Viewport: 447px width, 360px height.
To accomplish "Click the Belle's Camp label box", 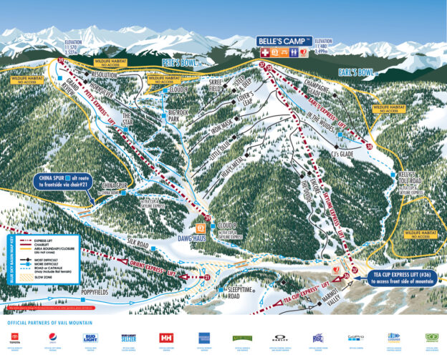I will [284, 42].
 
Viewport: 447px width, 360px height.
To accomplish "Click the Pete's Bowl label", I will [178, 64].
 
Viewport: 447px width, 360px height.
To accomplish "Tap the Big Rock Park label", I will [178, 116].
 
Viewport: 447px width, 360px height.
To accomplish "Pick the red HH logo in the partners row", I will [166, 337].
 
